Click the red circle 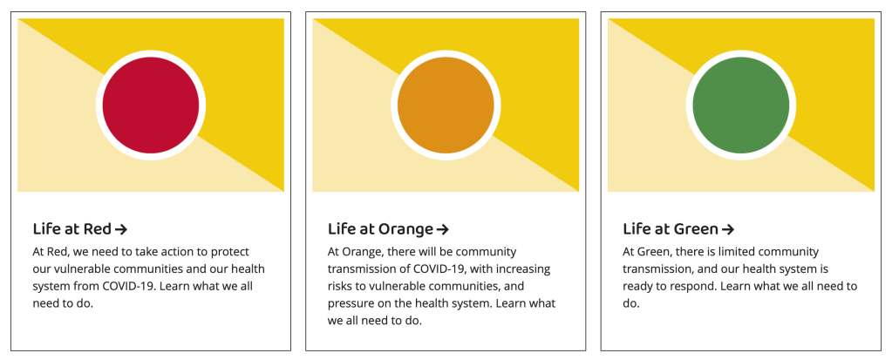[151, 105]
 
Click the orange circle [446, 105]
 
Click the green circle [740, 105]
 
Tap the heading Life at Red [72, 228]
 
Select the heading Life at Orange [380, 228]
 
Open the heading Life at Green [671, 228]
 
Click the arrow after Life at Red [120, 229]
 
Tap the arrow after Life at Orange [443, 229]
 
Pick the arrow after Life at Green [727, 229]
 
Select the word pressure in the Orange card [348, 303]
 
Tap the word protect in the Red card [230, 252]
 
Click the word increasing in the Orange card [525, 269]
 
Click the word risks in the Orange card [339, 286]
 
